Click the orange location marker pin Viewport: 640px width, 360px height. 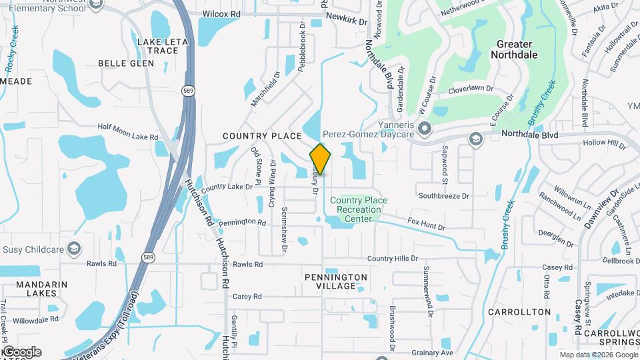320,159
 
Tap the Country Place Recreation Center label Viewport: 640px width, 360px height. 359,209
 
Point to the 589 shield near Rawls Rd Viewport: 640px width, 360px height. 147,257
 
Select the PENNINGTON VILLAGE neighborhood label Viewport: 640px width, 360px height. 336,281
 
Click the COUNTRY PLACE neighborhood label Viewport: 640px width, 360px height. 262,136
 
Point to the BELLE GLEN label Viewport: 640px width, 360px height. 126,63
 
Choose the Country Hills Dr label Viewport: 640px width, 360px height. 392,258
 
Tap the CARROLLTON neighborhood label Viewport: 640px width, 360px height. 519,312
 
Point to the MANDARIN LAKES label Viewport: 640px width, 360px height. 42,289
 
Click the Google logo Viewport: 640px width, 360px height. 21,351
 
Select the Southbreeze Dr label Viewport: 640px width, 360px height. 444,196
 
